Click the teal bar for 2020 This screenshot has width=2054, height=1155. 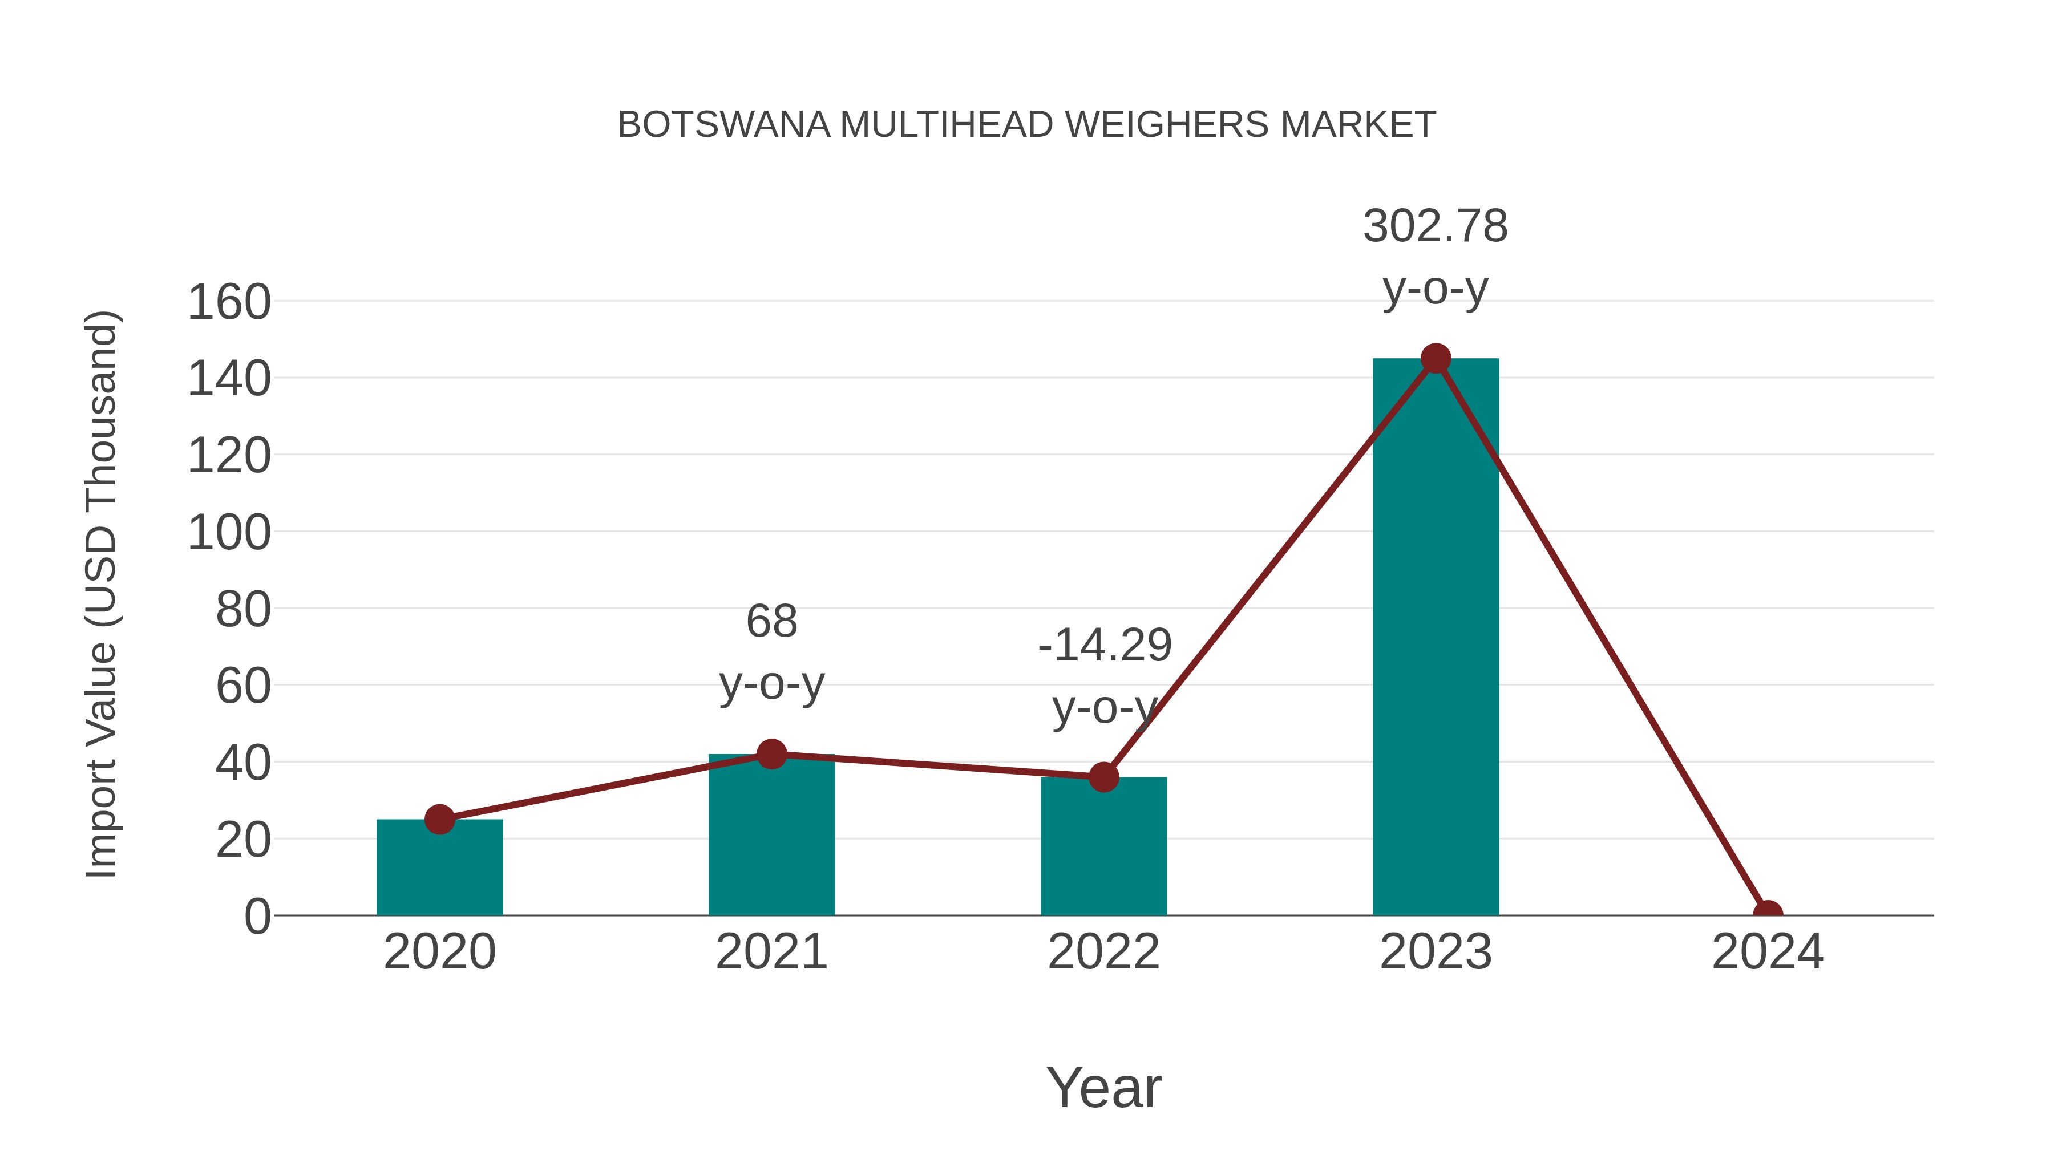439,869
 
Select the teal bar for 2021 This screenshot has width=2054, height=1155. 771,837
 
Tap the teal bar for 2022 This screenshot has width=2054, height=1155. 1103,849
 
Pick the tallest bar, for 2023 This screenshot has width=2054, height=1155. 1436,638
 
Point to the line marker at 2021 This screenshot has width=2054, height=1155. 771,753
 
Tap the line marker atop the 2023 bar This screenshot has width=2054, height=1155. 1436,359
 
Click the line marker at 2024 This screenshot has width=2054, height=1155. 1768,914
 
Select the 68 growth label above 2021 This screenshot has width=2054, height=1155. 771,621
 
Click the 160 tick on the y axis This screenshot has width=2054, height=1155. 229,302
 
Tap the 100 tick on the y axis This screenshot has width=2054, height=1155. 229,533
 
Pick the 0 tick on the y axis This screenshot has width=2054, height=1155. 257,916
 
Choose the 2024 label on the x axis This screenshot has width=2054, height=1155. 1768,952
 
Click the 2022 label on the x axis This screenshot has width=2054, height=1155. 1103,952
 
